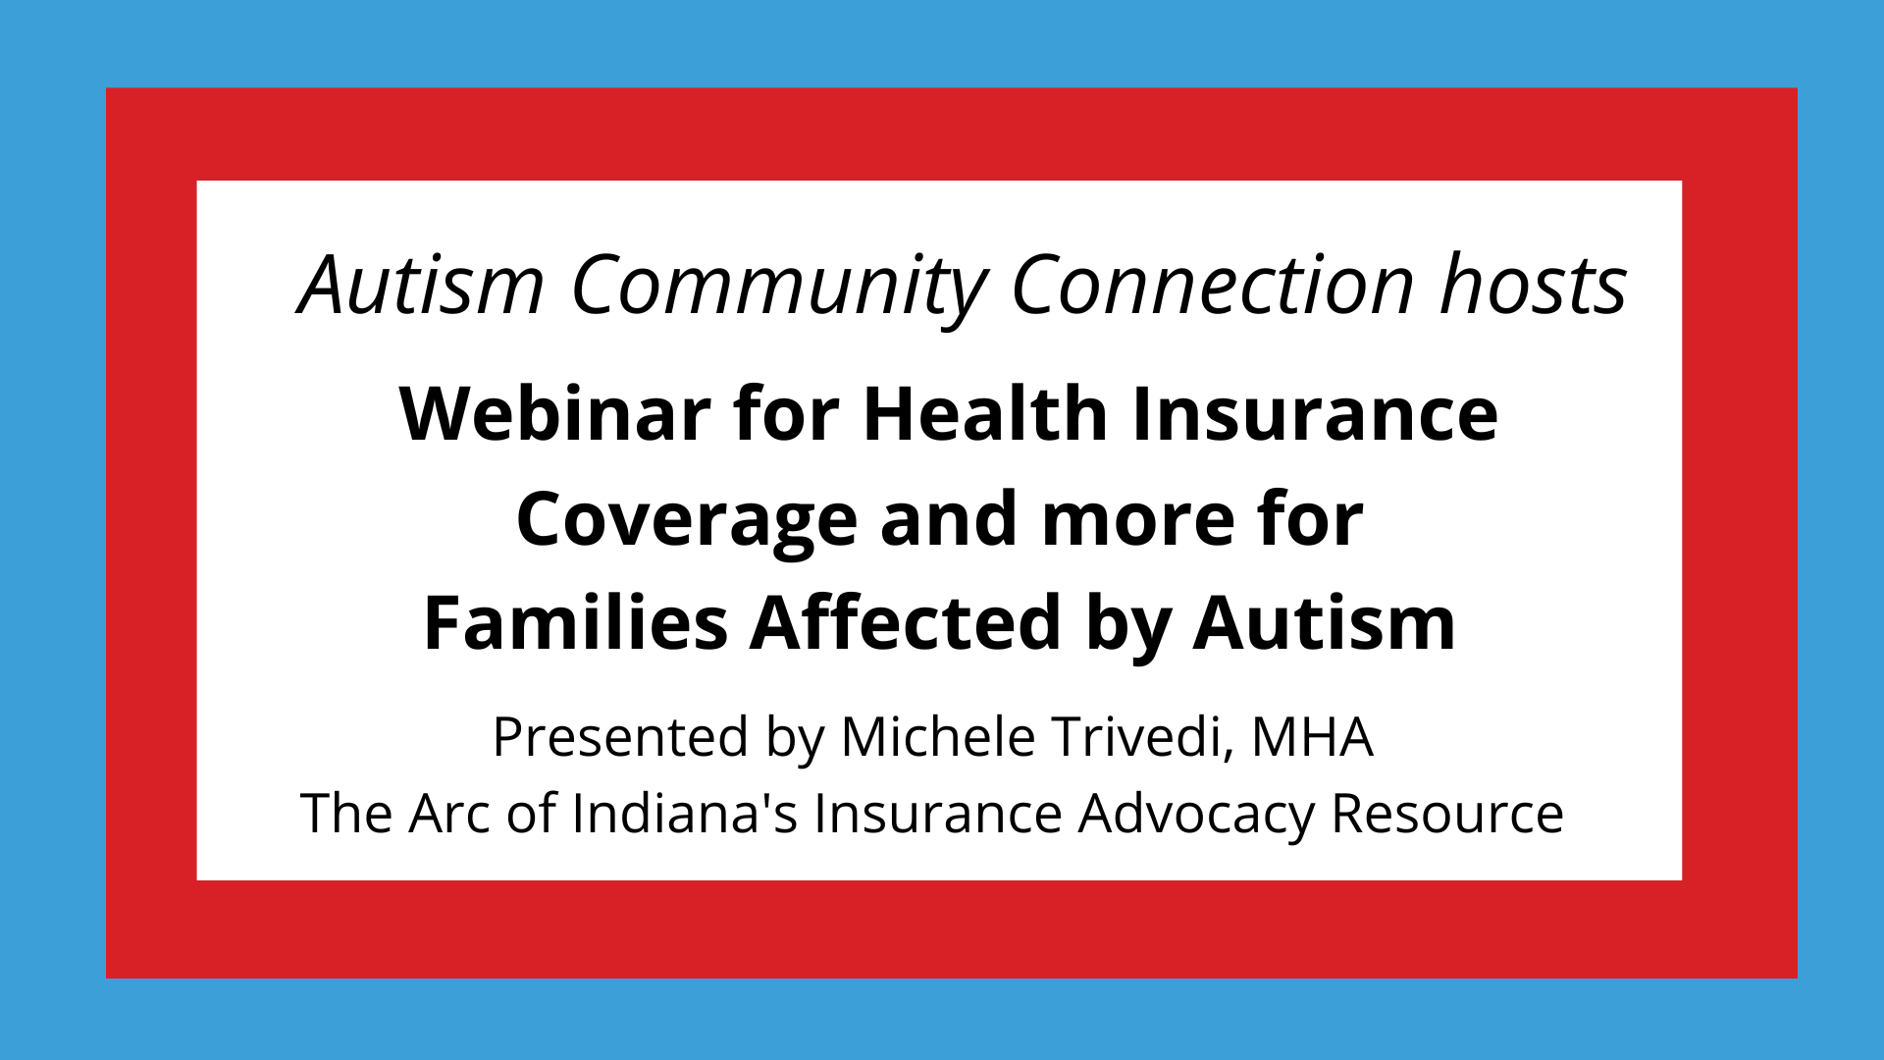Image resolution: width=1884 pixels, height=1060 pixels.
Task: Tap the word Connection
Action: pos(1213,285)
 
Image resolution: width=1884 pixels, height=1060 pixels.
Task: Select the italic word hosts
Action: pos(1534,285)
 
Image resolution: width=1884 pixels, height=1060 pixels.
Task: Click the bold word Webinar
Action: pos(555,413)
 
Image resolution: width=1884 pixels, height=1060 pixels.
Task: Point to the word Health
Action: pos(985,413)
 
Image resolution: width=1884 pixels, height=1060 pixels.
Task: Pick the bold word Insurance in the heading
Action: pos(1315,413)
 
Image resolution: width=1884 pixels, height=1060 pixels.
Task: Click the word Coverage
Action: pos(687,520)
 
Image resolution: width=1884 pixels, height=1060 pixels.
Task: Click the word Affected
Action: pos(906,623)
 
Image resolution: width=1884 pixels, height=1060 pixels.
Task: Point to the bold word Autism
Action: pos(1325,623)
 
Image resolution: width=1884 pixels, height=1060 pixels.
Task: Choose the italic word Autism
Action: pos(422,285)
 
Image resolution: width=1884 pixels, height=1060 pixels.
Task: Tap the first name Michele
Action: pos(938,737)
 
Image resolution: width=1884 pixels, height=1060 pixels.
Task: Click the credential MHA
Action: pos(1312,737)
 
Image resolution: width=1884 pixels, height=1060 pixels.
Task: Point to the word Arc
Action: pos(449,814)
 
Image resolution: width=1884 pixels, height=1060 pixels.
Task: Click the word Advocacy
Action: pos(1196,816)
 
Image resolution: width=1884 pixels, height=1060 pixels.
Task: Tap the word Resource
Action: pos(1447,814)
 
